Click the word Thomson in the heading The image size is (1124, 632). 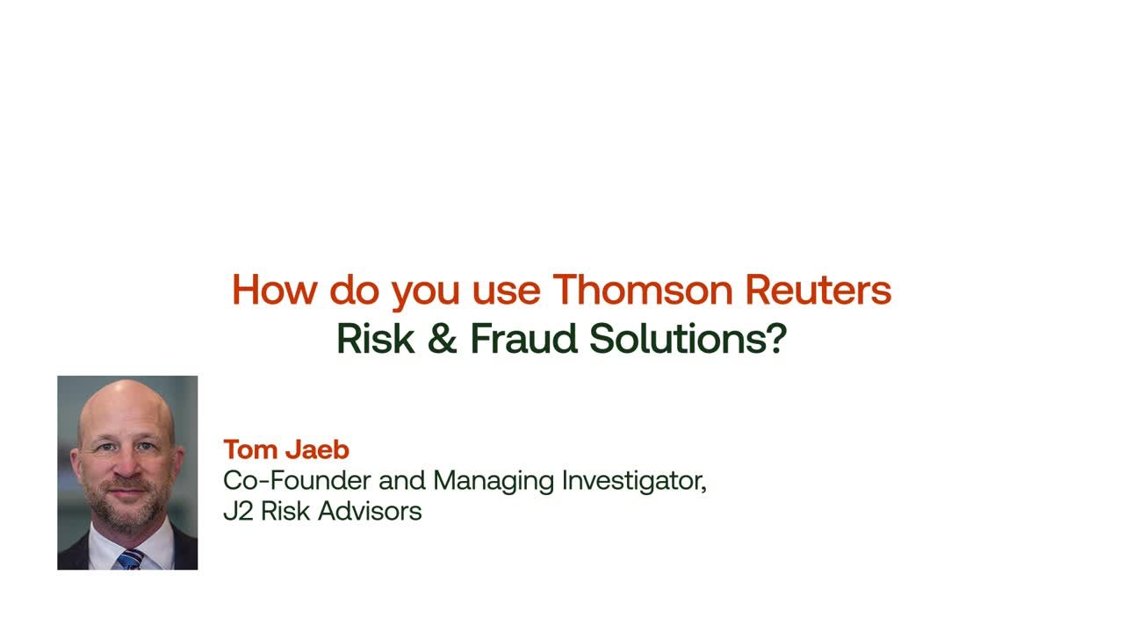(643, 290)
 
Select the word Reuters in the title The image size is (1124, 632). (818, 290)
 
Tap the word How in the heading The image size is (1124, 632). (275, 290)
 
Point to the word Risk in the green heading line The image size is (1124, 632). (376, 339)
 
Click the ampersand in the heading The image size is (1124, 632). (442, 339)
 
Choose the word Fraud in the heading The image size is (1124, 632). (524, 339)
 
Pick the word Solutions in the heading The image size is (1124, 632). (677, 339)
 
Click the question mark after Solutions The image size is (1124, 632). (777, 339)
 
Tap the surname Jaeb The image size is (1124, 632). (317, 449)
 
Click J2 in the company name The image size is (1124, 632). (238, 511)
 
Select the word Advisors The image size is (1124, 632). (370, 511)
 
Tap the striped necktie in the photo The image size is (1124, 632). (131, 559)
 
